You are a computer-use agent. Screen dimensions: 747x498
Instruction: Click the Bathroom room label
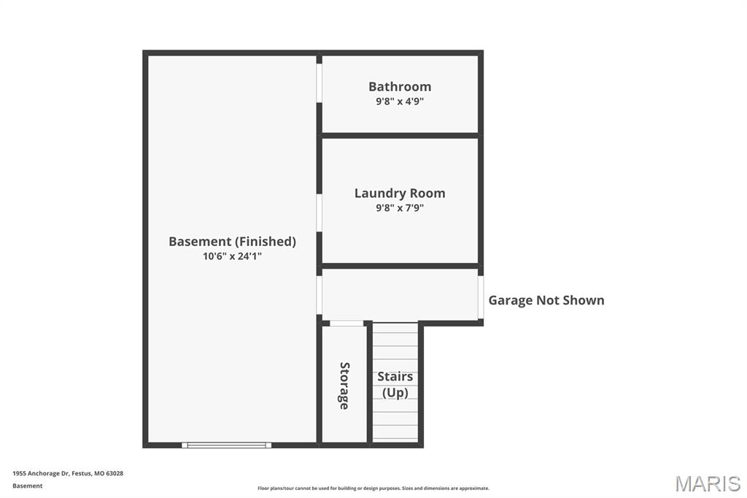pos(400,86)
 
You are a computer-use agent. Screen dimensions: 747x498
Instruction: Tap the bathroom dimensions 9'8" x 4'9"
pos(400,101)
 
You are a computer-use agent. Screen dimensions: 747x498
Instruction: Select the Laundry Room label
pos(400,194)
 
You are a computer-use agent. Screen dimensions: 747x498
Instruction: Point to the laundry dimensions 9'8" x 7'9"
pos(400,207)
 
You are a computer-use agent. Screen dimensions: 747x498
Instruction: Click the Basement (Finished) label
pos(233,242)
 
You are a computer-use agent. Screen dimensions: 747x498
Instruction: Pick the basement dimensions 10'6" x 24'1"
pos(233,256)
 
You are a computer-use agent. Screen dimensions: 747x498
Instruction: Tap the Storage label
pos(344,386)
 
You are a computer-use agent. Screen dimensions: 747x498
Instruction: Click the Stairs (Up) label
pos(395,385)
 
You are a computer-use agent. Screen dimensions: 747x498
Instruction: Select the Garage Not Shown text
pos(546,300)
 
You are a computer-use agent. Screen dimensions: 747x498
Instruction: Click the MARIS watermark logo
pos(708,483)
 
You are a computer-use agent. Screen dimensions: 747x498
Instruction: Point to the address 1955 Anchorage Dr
pos(42,473)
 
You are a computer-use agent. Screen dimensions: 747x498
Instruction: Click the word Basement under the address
pos(28,486)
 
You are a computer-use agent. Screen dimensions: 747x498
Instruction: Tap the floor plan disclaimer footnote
pos(373,488)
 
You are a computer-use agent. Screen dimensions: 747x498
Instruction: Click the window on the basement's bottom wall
pos(226,445)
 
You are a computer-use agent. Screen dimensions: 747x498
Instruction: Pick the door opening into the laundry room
pos(320,212)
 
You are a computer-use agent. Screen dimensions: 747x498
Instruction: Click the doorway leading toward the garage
pos(481,297)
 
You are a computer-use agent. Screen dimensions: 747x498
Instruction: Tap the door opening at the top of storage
pos(347,323)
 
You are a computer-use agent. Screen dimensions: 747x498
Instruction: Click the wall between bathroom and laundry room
pos(400,136)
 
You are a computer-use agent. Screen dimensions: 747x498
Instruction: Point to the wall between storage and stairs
pos(369,384)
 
